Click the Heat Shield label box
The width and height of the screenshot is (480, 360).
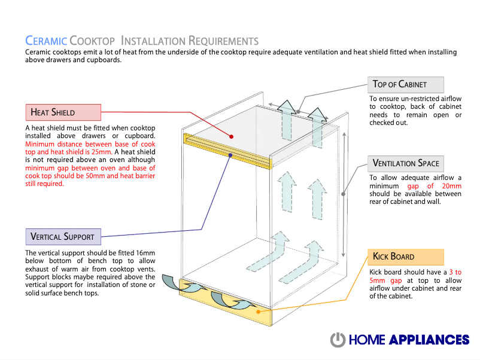pyautogui.click(x=63, y=112)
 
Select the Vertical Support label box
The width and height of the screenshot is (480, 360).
pyautogui.click(x=63, y=236)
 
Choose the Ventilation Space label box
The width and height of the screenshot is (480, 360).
pyautogui.click(x=406, y=163)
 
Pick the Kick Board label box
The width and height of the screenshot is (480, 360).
pyautogui.click(x=406, y=257)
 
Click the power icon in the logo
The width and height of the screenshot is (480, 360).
pyautogui.click(x=338, y=340)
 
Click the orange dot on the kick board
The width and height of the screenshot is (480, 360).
pyautogui.click(x=257, y=312)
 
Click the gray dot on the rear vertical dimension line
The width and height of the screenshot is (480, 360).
pyautogui.click(x=344, y=193)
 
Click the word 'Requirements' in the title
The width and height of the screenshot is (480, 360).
pyautogui.click(x=223, y=41)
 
